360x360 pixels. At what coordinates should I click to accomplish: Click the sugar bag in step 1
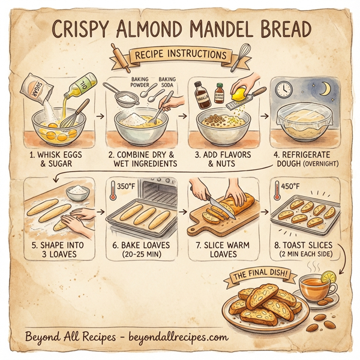pos(33,88)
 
